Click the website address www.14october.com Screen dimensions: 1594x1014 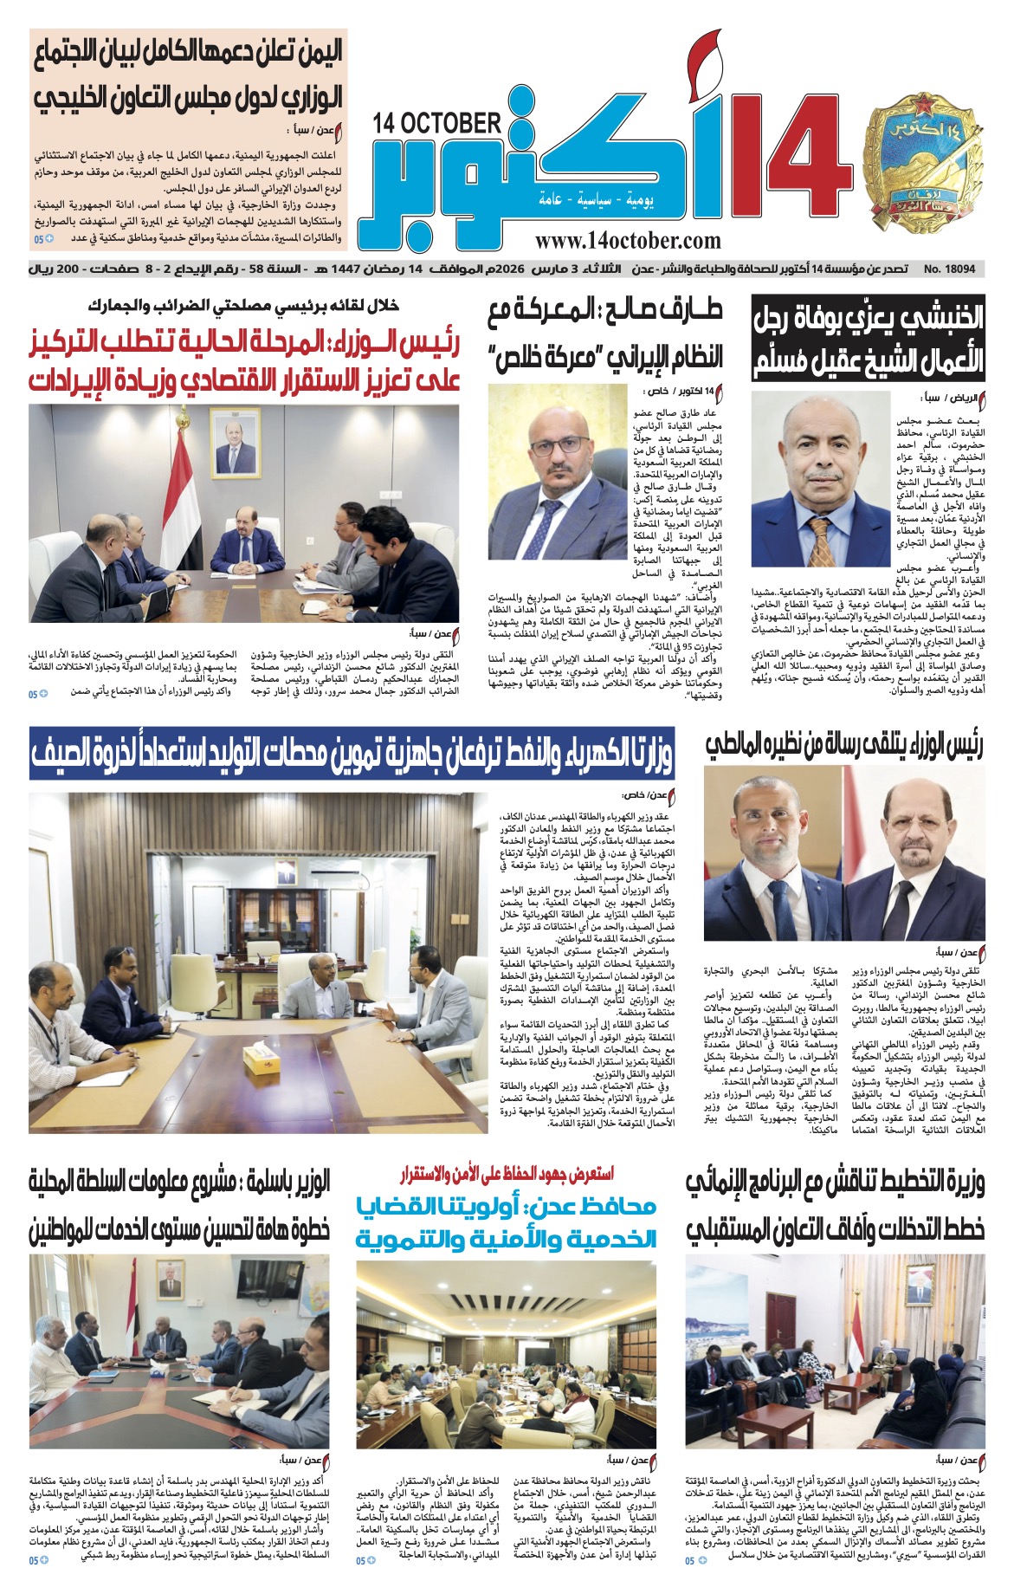tap(627, 242)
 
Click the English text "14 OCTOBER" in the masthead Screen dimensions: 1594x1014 tap(437, 123)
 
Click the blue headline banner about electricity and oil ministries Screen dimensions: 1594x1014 tap(352, 751)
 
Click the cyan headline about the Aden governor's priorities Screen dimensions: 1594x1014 tap(506, 1221)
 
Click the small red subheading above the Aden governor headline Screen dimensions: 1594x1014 tap(506, 1175)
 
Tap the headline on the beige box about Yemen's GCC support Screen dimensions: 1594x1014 tap(188, 74)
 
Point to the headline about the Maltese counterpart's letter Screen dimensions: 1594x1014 tap(843, 745)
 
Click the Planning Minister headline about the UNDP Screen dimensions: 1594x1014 tap(835, 1205)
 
